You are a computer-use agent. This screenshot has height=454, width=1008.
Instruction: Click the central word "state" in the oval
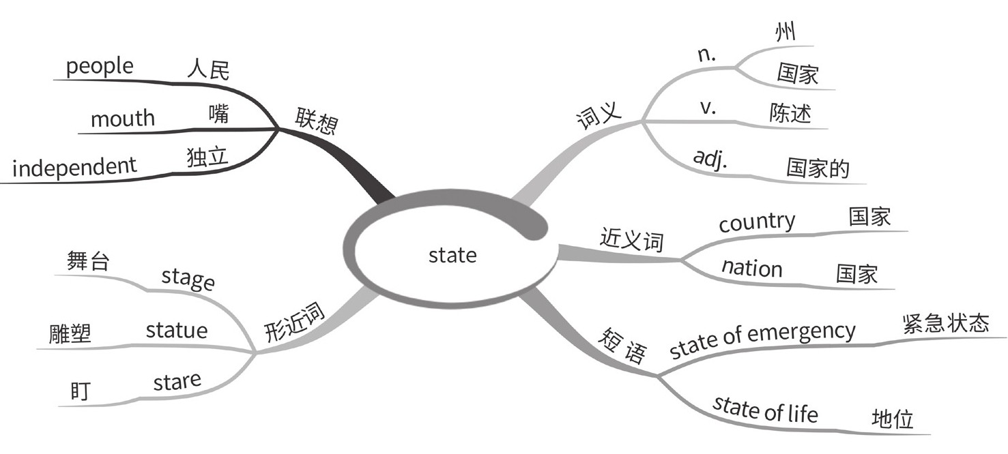[452, 255]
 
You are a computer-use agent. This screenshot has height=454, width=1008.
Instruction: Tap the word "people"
[100, 67]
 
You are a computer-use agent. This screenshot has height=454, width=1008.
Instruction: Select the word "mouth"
[123, 119]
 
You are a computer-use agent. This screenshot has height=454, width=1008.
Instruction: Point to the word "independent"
[74, 166]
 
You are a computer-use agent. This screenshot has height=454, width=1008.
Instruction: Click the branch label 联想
[315, 121]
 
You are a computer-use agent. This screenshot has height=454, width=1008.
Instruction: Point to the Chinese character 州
[786, 32]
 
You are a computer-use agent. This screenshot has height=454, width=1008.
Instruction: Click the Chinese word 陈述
[790, 114]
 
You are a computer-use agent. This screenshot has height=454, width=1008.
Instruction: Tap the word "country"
[757, 222]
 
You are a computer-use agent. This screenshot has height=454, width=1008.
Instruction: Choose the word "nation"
[752, 267]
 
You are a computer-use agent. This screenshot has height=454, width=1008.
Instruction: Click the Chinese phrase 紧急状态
[945, 322]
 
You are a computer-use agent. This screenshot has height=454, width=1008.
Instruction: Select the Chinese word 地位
[893, 418]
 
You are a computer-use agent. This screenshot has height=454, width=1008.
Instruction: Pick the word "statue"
[177, 331]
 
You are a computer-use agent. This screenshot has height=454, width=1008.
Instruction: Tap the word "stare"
[177, 382]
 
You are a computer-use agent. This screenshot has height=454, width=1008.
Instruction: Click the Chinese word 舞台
[88, 262]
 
